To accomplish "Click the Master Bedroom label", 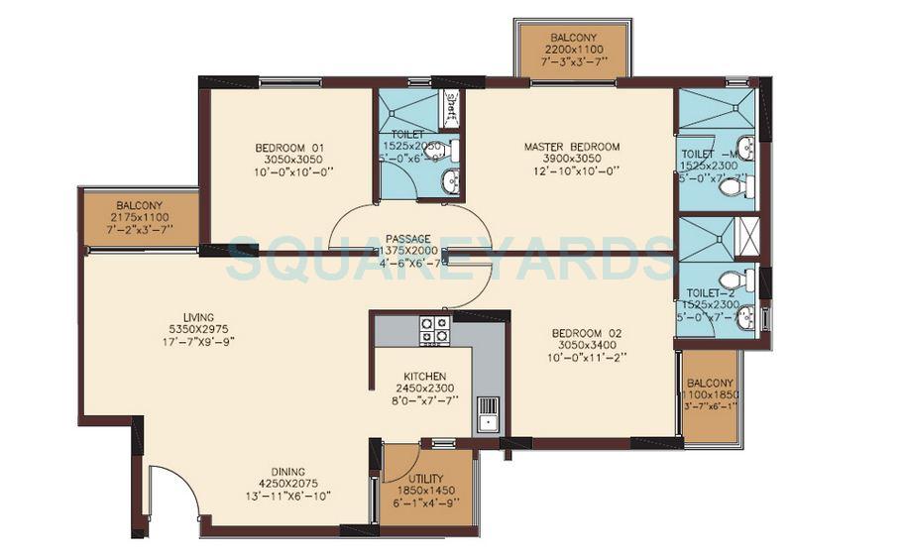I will tap(572, 147).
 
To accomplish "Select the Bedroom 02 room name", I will tap(586, 333).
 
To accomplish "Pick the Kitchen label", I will tap(424, 377).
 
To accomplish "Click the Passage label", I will tap(407, 239).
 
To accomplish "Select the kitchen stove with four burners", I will tap(434, 329).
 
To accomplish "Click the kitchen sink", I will tap(486, 413).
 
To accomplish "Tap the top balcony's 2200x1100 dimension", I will tap(573, 49).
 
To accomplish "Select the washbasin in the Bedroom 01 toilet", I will tap(450, 180).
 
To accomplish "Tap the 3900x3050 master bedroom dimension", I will tap(572, 159).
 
